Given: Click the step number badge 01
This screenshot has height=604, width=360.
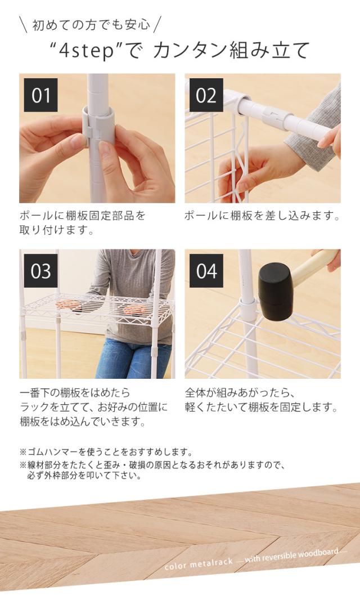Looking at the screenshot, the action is (41, 95).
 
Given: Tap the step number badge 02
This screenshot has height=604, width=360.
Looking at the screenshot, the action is (206, 95).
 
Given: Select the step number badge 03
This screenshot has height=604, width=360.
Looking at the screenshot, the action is (41, 271).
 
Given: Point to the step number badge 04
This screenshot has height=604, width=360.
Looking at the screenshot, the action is (206, 271).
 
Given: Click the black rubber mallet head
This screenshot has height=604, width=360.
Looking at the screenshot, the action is (276, 292).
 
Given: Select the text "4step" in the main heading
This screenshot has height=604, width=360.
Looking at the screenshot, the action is (87, 51).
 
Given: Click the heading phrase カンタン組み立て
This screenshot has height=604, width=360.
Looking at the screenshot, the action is (231, 51).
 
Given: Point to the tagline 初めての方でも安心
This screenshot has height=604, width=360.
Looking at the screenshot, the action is (91, 25).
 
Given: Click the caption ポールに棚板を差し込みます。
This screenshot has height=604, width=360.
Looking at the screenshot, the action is (262, 216).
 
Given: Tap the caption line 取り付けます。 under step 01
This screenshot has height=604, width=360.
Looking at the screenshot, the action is (57, 230).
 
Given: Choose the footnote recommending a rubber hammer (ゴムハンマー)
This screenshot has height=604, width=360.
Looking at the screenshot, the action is (106, 452).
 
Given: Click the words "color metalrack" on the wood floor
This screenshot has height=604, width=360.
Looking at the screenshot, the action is (199, 563).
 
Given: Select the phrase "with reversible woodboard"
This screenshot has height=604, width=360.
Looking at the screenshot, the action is (291, 555).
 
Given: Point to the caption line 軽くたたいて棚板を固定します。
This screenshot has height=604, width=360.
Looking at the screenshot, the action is (262, 407).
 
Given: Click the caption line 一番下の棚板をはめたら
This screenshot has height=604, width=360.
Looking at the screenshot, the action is (75, 393).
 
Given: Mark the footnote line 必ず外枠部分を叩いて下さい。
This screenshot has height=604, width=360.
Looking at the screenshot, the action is (84, 476).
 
